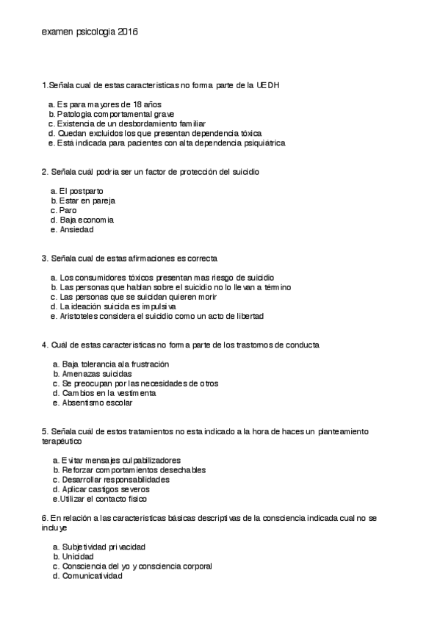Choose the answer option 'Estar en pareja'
pyautogui.click(x=87, y=201)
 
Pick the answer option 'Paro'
pyautogui.click(x=68, y=210)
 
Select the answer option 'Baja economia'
pyautogui.click(x=87, y=220)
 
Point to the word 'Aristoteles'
pyautogui.click(x=82, y=317)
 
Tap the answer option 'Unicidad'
pyautogui.click(x=79, y=557)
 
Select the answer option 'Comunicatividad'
pyautogui.click(x=92, y=576)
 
